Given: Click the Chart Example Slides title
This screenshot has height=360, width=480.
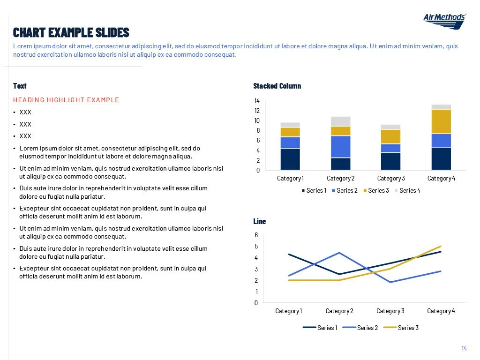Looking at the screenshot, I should click(x=71, y=32).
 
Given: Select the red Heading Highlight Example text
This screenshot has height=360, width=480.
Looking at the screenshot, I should click(x=66, y=100).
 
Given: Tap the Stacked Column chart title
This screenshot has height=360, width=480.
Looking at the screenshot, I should click(x=277, y=86).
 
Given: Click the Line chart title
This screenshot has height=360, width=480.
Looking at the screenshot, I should click(x=259, y=221).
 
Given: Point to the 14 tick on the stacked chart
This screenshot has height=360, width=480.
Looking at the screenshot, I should click(x=256, y=101).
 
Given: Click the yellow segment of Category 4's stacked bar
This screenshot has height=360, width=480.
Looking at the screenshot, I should click(x=441, y=121).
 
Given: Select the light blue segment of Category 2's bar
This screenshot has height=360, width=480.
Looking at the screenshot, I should click(x=341, y=146).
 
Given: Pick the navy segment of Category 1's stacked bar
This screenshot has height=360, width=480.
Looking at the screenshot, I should click(x=290, y=159).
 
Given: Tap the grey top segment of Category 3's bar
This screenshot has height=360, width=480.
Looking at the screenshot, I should click(x=390, y=127).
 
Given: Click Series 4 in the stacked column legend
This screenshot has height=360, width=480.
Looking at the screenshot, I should click(x=410, y=190).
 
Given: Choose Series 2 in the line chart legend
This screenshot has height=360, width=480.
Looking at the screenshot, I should click(x=367, y=328).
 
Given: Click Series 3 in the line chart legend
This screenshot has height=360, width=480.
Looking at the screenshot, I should click(x=408, y=328).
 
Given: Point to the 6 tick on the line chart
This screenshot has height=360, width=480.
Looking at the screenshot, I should click(x=256, y=235).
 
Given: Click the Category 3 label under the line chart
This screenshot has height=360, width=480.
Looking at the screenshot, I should click(x=390, y=311).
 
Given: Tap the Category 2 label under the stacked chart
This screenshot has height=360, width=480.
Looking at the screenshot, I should click(x=341, y=178).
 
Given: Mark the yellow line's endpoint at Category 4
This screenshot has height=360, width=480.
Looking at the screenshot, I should click(x=441, y=246).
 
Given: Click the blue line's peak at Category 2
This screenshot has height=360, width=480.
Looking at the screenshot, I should click(x=339, y=253).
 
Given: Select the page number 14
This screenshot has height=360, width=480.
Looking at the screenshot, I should click(x=464, y=348).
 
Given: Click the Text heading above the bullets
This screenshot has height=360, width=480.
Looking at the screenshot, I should click(x=20, y=86).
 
